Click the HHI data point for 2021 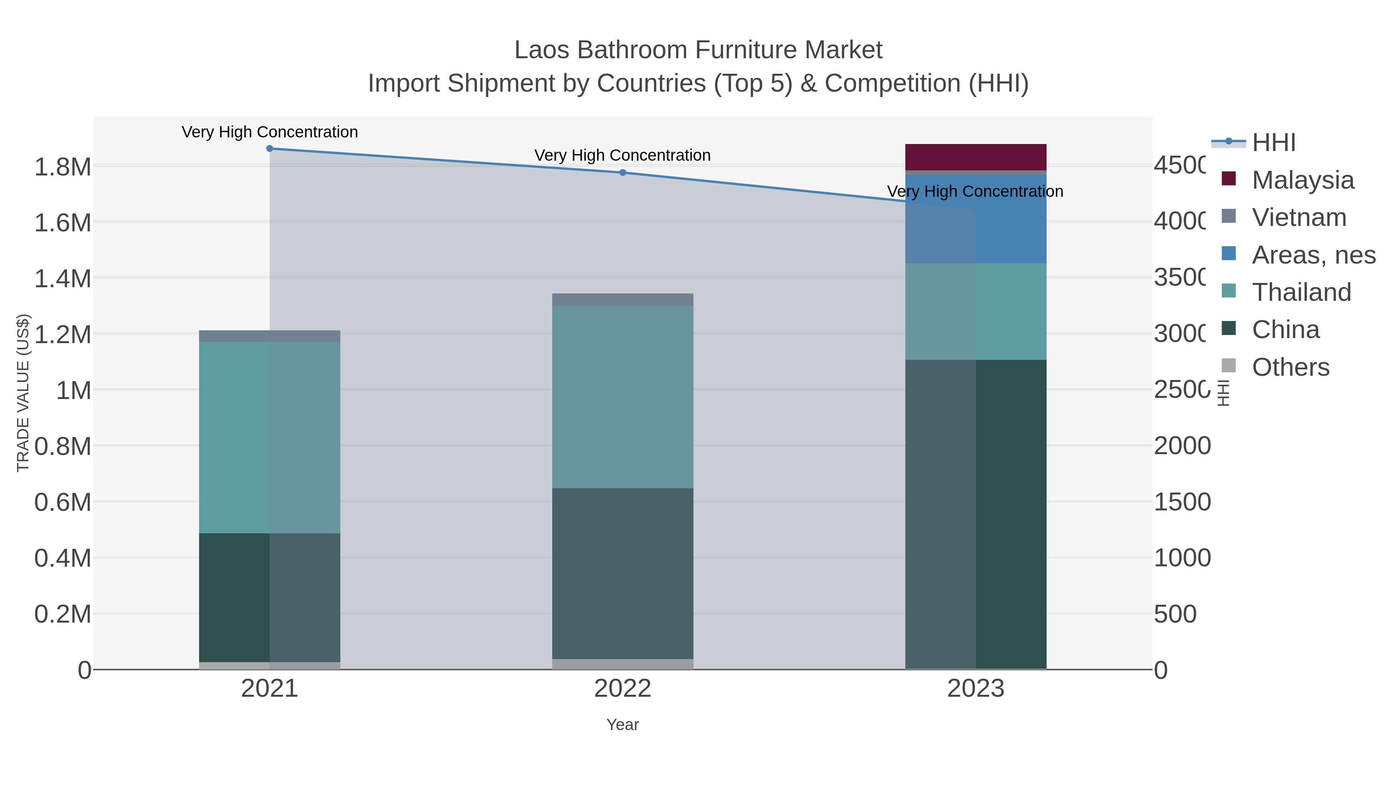point(270,149)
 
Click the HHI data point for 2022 point(622,172)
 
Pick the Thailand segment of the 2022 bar point(622,397)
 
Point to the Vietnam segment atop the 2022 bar point(622,300)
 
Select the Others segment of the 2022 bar point(622,664)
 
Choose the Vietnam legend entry point(1299,217)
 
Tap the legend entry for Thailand point(1301,292)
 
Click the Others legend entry point(1290,367)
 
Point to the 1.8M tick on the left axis point(63,167)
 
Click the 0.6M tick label point(63,502)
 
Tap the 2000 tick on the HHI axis point(1182,446)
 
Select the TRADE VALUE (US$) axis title point(23,393)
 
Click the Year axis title point(622,725)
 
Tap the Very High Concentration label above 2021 point(270,132)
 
